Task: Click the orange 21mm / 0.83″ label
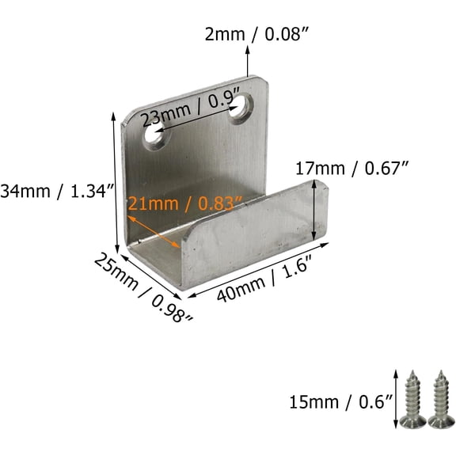(x=184, y=203)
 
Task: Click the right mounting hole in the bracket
(x=241, y=107)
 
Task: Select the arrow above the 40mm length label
(x=257, y=270)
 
